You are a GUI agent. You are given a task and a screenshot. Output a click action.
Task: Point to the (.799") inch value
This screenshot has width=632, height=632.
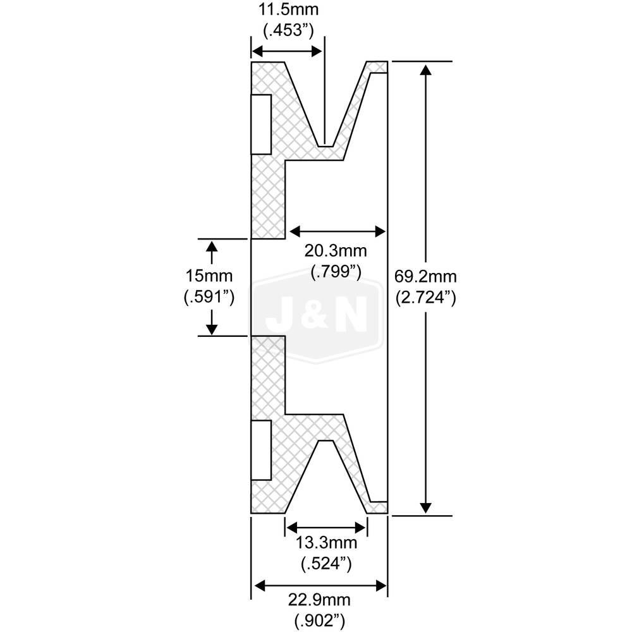(336, 272)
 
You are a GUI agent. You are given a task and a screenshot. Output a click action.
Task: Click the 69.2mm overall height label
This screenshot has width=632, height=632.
(425, 276)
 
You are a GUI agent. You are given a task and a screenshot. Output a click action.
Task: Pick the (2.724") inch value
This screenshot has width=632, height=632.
(425, 296)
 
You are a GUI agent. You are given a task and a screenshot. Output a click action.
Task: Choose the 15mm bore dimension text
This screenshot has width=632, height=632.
(209, 276)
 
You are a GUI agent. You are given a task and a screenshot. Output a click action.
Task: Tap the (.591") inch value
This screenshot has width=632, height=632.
(209, 296)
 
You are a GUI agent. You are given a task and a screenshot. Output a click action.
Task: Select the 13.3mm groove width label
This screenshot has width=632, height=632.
(327, 543)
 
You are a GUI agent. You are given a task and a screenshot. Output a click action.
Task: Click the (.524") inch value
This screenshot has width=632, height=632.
(327, 562)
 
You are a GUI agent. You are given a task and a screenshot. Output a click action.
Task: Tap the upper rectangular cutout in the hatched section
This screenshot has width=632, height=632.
(262, 124)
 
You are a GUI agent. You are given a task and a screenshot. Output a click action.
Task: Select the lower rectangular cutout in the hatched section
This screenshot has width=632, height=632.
(262, 449)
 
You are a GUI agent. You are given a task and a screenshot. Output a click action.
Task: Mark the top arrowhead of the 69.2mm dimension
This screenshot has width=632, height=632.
(425, 69)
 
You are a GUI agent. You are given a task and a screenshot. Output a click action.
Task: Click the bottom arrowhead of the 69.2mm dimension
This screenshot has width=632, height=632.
(425, 507)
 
